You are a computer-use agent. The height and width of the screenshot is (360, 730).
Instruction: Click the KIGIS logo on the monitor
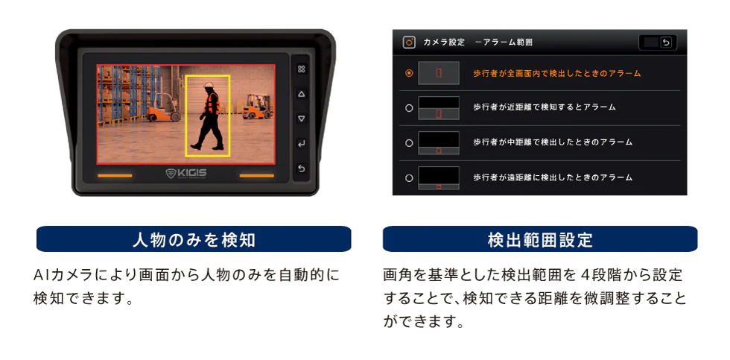(x=186, y=174)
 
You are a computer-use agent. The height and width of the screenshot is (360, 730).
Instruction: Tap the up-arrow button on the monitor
(x=301, y=94)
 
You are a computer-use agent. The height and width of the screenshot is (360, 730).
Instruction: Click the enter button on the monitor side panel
(x=301, y=143)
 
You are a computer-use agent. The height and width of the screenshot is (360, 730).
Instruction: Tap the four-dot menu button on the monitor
(x=301, y=69)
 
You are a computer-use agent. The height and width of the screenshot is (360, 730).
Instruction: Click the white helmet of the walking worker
(x=209, y=85)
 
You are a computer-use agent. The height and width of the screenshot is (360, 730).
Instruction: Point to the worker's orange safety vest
(x=212, y=103)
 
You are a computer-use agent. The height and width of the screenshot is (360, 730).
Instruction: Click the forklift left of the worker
(x=163, y=108)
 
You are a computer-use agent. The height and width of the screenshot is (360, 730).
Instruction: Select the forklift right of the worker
(x=258, y=107)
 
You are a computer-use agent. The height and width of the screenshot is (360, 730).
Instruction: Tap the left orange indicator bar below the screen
(x=115, y=176)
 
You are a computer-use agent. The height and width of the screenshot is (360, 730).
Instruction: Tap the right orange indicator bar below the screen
(x=256, y=176)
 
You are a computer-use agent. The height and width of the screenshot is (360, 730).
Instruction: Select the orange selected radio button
(x=409, y=73)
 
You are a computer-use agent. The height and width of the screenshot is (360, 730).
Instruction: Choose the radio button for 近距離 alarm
(x=409, y=108)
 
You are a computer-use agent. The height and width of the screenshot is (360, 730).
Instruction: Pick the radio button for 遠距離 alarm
(x=409, y=178)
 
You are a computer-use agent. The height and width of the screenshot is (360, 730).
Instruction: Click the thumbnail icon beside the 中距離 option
(x=439, y=143)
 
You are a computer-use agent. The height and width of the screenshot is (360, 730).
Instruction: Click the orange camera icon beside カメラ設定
(x=409, y=42)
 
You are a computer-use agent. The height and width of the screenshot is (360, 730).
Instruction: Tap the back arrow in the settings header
(x=666, y=42)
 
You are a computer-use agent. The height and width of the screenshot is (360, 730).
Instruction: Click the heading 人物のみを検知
(x=194, y=239)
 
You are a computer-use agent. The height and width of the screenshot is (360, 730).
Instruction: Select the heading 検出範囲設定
(x=540, y=239)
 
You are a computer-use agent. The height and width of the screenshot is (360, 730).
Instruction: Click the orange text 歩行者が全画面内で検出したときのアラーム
(x=557, y=73)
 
